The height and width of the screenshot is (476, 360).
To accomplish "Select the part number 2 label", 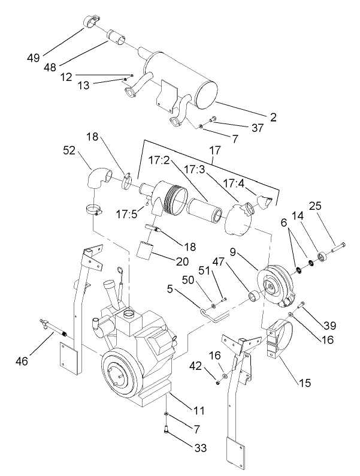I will point(273,118).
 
